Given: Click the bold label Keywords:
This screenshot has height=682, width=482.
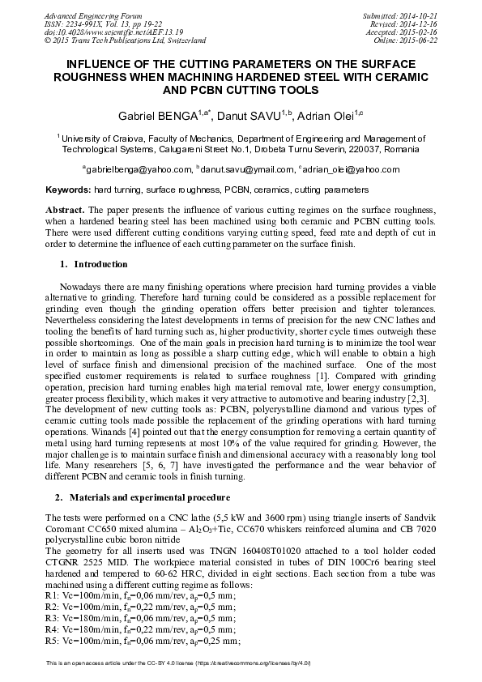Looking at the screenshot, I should coord(68,190).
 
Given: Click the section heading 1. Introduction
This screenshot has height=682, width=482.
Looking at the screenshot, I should coord(94,264).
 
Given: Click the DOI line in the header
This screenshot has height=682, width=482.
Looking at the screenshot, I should coord(102,32).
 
